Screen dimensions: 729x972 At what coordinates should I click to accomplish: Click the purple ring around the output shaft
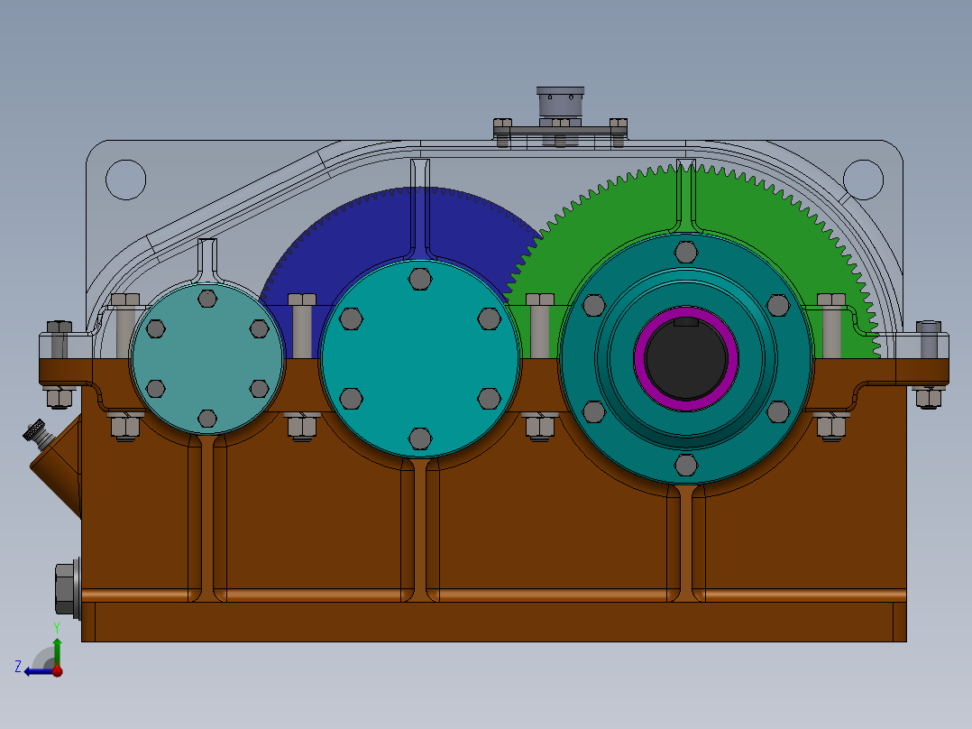[x=641, y=358]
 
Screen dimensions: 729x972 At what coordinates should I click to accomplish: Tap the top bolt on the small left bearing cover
[x=207, y=299]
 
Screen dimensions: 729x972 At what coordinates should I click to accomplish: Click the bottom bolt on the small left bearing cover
[x=207, y=418]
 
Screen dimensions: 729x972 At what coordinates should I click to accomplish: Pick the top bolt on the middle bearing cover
[x=420, y=278]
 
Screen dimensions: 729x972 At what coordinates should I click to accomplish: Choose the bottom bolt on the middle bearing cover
[x=420, y=438]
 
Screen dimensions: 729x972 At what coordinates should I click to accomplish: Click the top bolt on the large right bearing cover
[x=686, y=252]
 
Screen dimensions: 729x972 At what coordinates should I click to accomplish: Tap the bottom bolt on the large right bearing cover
[x=686, y=465]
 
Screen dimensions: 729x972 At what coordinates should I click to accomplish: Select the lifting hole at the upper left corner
[x=125, y=179]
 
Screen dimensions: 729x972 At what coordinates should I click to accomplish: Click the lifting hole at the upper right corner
[x=863, y=179]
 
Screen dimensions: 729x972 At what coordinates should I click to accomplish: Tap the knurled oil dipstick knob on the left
[x=35, y=432]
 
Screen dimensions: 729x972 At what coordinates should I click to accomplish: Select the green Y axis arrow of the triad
[x=57, y=648]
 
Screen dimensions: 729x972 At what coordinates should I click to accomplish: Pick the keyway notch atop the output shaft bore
[x=686, y=321]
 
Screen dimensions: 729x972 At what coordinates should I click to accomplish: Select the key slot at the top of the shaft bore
[x=686, y=321]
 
